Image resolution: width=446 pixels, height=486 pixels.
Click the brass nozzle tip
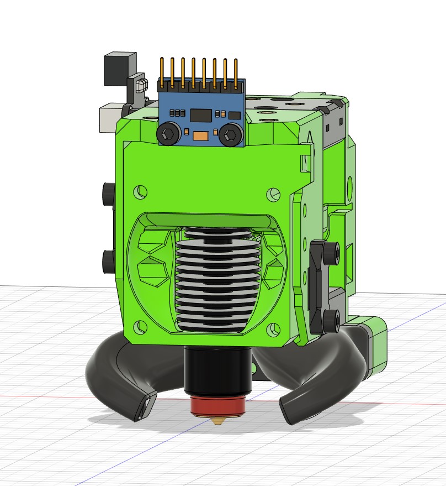click(x=219, y=421)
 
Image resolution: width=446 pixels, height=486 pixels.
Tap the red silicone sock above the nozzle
click(x=219, y=405)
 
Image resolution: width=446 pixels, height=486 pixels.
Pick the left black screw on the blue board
click(x=168, y=133)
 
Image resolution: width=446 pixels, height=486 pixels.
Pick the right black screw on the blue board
click(x=230, y=134)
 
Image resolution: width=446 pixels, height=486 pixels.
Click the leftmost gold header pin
click(x=162, y=72)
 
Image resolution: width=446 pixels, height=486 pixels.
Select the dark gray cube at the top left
click(x=120, y=69)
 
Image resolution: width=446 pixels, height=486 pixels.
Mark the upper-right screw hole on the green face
click(x=273, y=194)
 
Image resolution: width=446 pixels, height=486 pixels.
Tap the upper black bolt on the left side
click(x=107, y=193)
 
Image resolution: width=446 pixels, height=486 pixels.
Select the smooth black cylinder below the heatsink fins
click(x=219, y=367)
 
